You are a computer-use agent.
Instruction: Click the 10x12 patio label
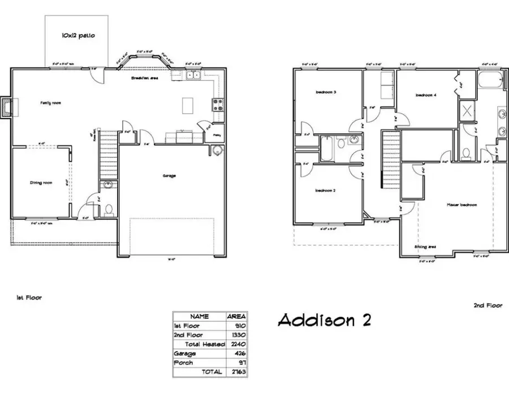[x=78, y=36]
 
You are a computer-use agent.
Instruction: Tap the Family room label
[x=50, y=103]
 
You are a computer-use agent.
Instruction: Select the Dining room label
[x=41, y=183]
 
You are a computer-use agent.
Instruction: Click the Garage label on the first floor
[x=169, y=176]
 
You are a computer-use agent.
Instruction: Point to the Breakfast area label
[x=144, y=77]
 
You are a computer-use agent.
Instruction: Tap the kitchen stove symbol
[x=217, y=104]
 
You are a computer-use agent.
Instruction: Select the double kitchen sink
[x=193, y=75]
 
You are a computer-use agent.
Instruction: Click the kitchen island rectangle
[x=188, y=105]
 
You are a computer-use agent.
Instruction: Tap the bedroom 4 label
[x=426, y=96]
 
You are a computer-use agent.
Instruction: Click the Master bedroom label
[x=461, y=205]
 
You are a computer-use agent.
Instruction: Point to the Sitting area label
[x=425, y=247]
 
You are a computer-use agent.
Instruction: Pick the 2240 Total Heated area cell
[x=236, y=344]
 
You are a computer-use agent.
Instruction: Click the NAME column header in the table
[x=199, y=317]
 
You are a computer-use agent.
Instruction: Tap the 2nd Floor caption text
[x=488, y=305]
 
